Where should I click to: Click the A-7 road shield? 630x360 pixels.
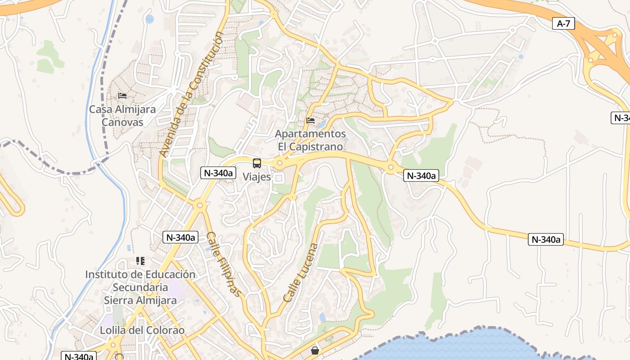click(x=563, y=23)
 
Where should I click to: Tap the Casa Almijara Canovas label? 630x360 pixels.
click(x=122, y=116)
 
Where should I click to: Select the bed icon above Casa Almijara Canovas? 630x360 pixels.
click(x=122, y=96)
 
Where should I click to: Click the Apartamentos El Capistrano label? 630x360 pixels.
click(x=310, y=140)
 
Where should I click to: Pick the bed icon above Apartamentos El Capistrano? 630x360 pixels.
click(x=310, y=121)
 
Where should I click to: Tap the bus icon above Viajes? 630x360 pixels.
click(x=256, y=163)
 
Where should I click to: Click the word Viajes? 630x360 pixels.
click(x=257, y=177)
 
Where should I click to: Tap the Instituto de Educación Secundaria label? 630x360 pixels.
click(x=140, y=281)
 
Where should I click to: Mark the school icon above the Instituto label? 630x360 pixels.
click(x=140, y=261)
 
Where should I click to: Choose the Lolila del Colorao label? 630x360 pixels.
click(x=142, y=330)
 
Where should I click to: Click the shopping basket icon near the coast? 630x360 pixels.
click(x=315, y=350)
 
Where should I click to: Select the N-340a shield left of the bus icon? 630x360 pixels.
click(x=218, y=173)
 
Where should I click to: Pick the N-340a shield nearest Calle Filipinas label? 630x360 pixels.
click(x=180, y=238)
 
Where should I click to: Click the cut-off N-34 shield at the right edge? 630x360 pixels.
click(x=621, y=118)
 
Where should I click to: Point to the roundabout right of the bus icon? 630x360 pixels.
click(x=279, y=163)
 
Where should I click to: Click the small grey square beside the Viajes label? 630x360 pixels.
click(x=279, y=179)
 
